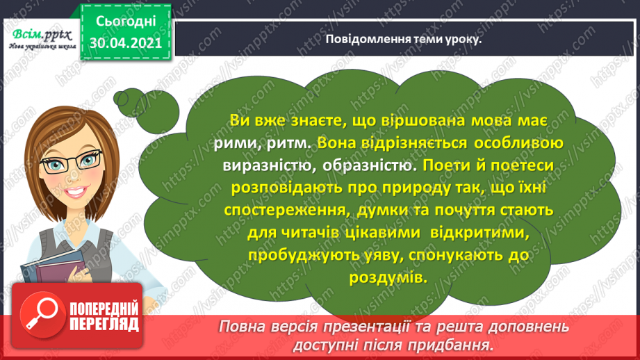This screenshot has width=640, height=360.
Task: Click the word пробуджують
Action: [x=291, y=255]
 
